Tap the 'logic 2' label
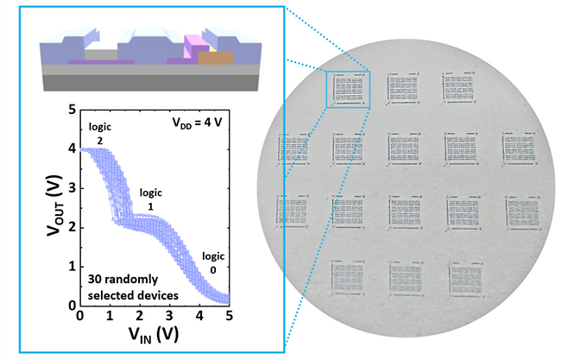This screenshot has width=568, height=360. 101,133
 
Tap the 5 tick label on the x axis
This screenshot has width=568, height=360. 229,316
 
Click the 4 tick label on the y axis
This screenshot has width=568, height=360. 69,149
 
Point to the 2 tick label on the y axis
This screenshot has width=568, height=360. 69,228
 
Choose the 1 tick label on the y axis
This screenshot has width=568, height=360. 69,267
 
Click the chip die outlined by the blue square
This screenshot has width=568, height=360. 348,88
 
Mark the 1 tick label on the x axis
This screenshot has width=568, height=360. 110,316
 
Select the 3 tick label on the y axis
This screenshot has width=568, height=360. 69,188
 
